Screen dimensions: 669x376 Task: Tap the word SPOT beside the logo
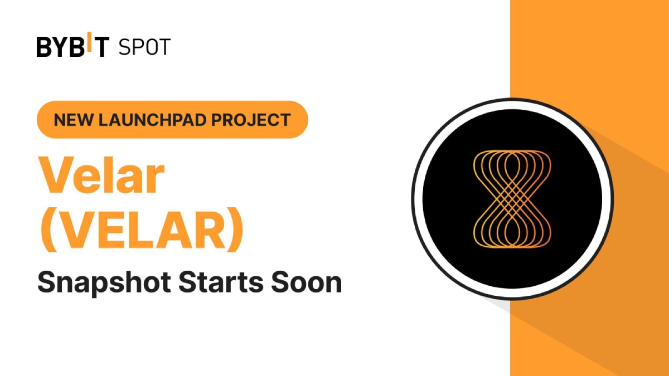[x=144, y=47]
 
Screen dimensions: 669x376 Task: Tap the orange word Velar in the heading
[x=101, y=175]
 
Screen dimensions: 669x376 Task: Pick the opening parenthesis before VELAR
[x=48, y=229]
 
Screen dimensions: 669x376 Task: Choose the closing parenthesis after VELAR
[x=235, y=229]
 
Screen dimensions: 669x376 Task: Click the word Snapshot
[x=104, y=283]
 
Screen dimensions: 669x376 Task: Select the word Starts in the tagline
[x=221, y=282]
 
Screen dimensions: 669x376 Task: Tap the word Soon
[x=307, y=282]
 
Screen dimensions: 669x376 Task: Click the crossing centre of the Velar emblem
[x=512, y=199]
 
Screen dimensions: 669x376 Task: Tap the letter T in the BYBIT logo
[x=100, y=47]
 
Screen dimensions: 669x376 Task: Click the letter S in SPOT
[x=124, y=47]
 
